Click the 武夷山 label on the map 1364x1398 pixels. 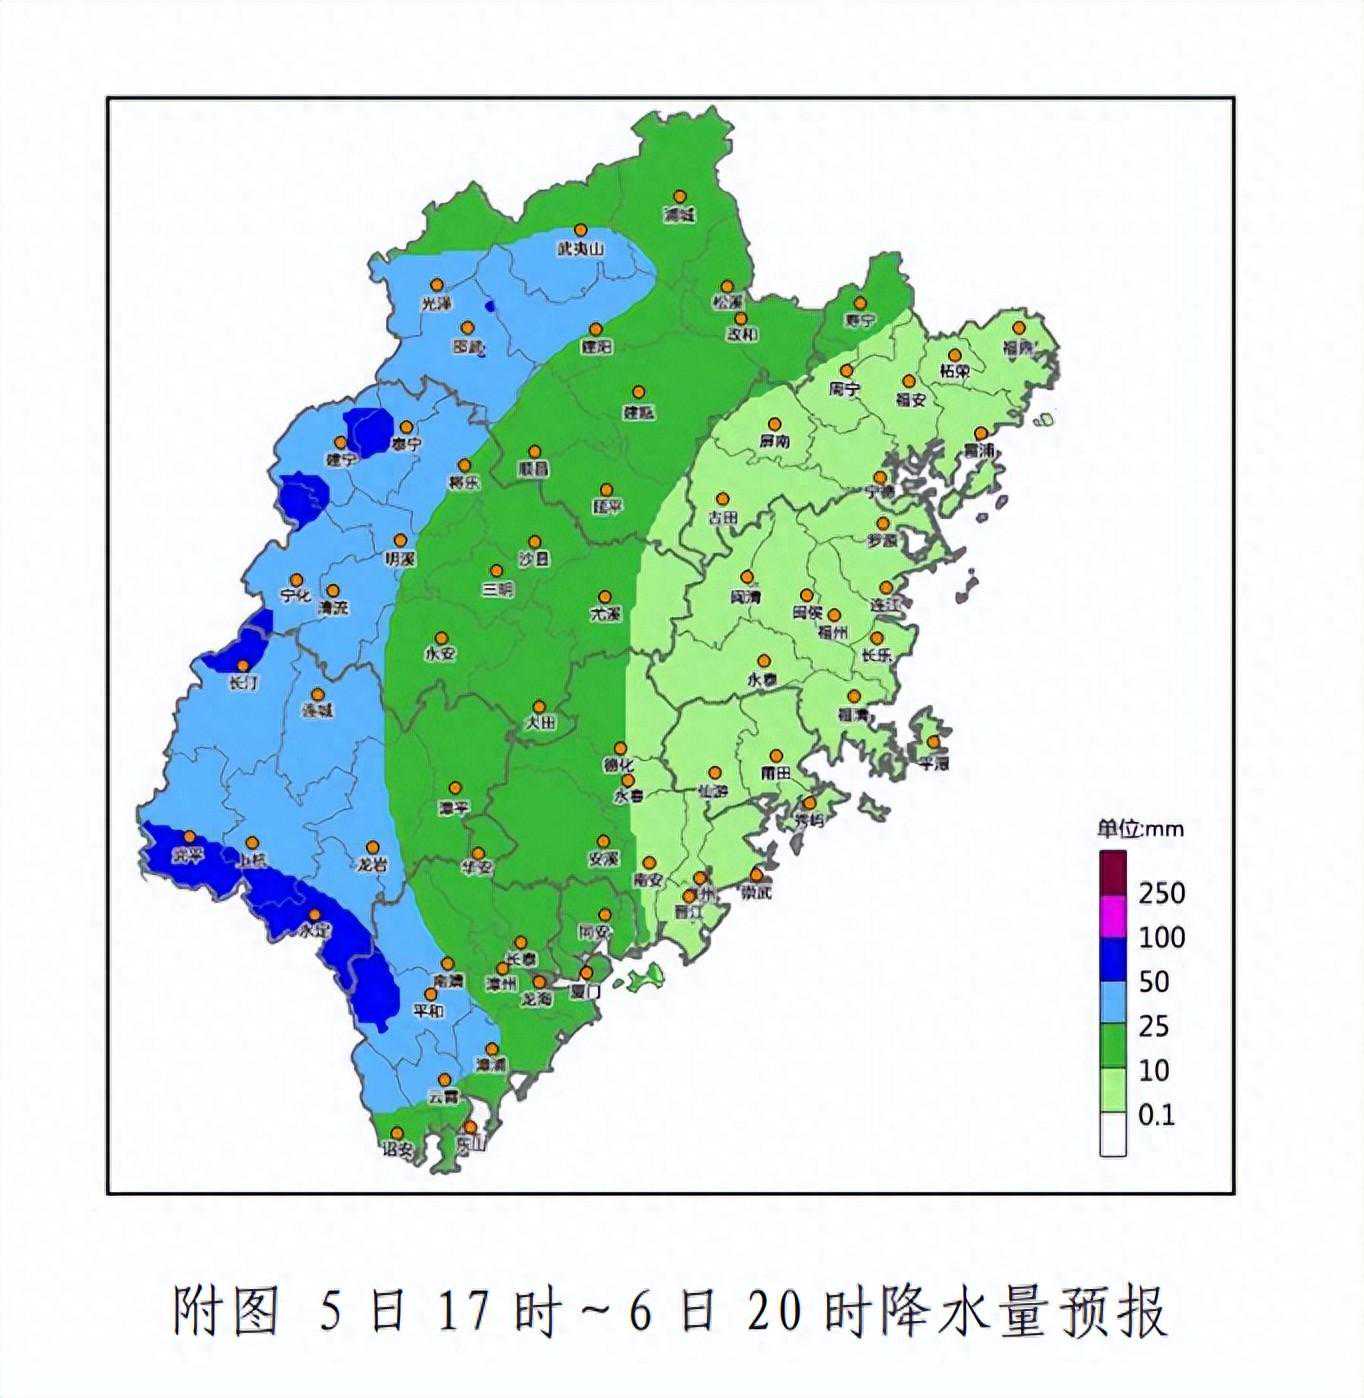click(x=581, y=249)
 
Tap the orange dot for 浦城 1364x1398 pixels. click(x=680, y=197)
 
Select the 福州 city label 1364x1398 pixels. click(x=832, y=632)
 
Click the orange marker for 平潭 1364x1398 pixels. click(x=933, y=742)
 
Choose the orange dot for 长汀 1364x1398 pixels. click(x=242, y=665)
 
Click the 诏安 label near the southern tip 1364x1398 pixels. click(x=397, y=1150)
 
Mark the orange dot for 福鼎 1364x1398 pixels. click(x=1019, y=328)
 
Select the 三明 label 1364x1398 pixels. click(x=497, y=589)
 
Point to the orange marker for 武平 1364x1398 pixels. click(x=189, y=836)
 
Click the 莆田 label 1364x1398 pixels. click(x=776, y=773)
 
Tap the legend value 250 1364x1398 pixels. click(x=1161, y=892)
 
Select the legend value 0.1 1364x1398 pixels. click(x=1156, y=1114)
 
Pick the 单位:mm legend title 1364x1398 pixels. click(x=1140, y=828)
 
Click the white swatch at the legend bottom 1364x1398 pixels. click(x=1113, y=1135)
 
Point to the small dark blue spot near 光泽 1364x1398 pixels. click(x=489, y=307)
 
